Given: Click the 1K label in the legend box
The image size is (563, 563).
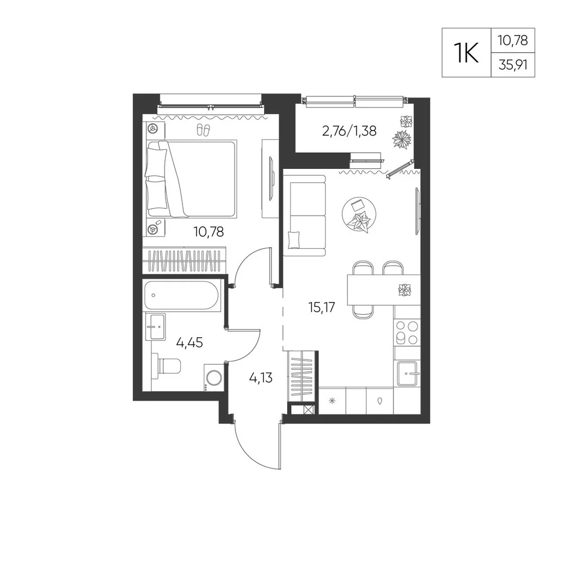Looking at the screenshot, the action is pos(466,52).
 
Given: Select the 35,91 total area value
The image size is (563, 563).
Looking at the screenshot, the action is pos(513,65).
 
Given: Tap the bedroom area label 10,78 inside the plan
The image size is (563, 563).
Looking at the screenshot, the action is pos(209,232).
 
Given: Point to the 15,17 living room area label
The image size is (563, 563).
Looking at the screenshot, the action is pos(321,307).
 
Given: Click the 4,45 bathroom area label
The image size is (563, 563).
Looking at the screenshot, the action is pos(189,342).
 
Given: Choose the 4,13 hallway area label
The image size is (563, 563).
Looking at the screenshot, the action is pos(261,378).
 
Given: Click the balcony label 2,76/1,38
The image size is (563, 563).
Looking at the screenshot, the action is pos(350,131).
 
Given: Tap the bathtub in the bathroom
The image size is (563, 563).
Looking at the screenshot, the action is pos(182,296).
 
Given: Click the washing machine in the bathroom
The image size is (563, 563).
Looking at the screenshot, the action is pos(213,377).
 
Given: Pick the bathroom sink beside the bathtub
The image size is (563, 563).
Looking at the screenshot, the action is pos(155,327).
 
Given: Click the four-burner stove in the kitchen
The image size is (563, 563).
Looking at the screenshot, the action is pos(407,332).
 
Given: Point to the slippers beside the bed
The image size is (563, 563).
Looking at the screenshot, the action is pos(204,129).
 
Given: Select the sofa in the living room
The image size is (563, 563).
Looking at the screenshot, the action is pos(305,216).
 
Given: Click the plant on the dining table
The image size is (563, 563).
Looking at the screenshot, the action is pos(405,289).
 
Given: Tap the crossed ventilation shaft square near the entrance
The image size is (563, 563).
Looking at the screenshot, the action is pos(309,410).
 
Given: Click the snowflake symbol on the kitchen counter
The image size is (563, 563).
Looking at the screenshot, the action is pos(332,401).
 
